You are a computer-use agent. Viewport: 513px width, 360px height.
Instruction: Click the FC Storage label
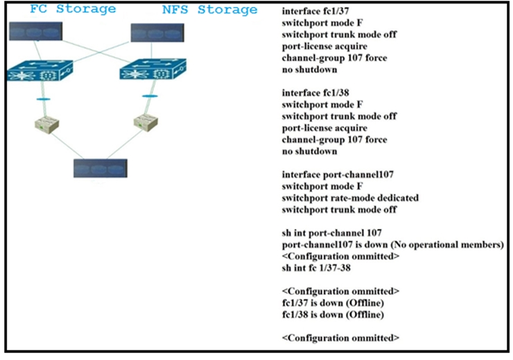(x=73, y=10)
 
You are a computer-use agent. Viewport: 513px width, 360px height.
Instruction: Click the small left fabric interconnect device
(x=46, y=125)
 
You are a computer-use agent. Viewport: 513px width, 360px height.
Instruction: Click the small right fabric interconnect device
(x=146, y=122)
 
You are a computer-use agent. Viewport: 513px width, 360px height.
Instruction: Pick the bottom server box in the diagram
(x=101, y=168)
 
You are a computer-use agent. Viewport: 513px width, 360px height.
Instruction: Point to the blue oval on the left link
(x=43, y=101)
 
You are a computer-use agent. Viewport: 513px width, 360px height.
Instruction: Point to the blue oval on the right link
(x=148, y=96)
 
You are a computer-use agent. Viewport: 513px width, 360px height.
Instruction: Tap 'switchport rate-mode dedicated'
(x=351, y=198)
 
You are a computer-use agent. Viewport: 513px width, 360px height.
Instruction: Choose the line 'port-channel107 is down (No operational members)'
(x=393, y=244)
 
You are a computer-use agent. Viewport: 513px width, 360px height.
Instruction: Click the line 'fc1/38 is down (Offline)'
(x=333, y=314)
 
